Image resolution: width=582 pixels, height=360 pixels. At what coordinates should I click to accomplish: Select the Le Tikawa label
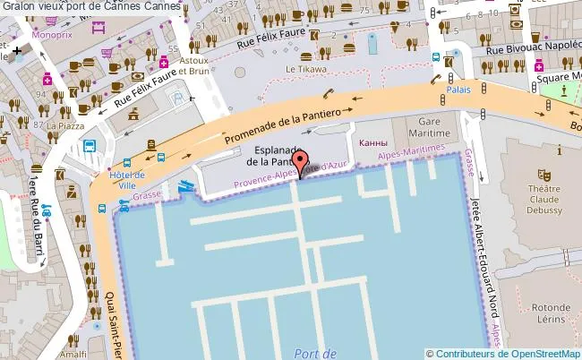click(306, 69)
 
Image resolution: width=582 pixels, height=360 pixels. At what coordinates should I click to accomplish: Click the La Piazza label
click(64, 126)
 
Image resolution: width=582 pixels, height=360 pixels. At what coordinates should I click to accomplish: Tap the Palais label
click(458, 90)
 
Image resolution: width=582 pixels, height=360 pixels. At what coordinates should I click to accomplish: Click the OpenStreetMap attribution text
click(503, 353)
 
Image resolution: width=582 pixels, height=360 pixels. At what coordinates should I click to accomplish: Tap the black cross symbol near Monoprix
click(17, 51)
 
